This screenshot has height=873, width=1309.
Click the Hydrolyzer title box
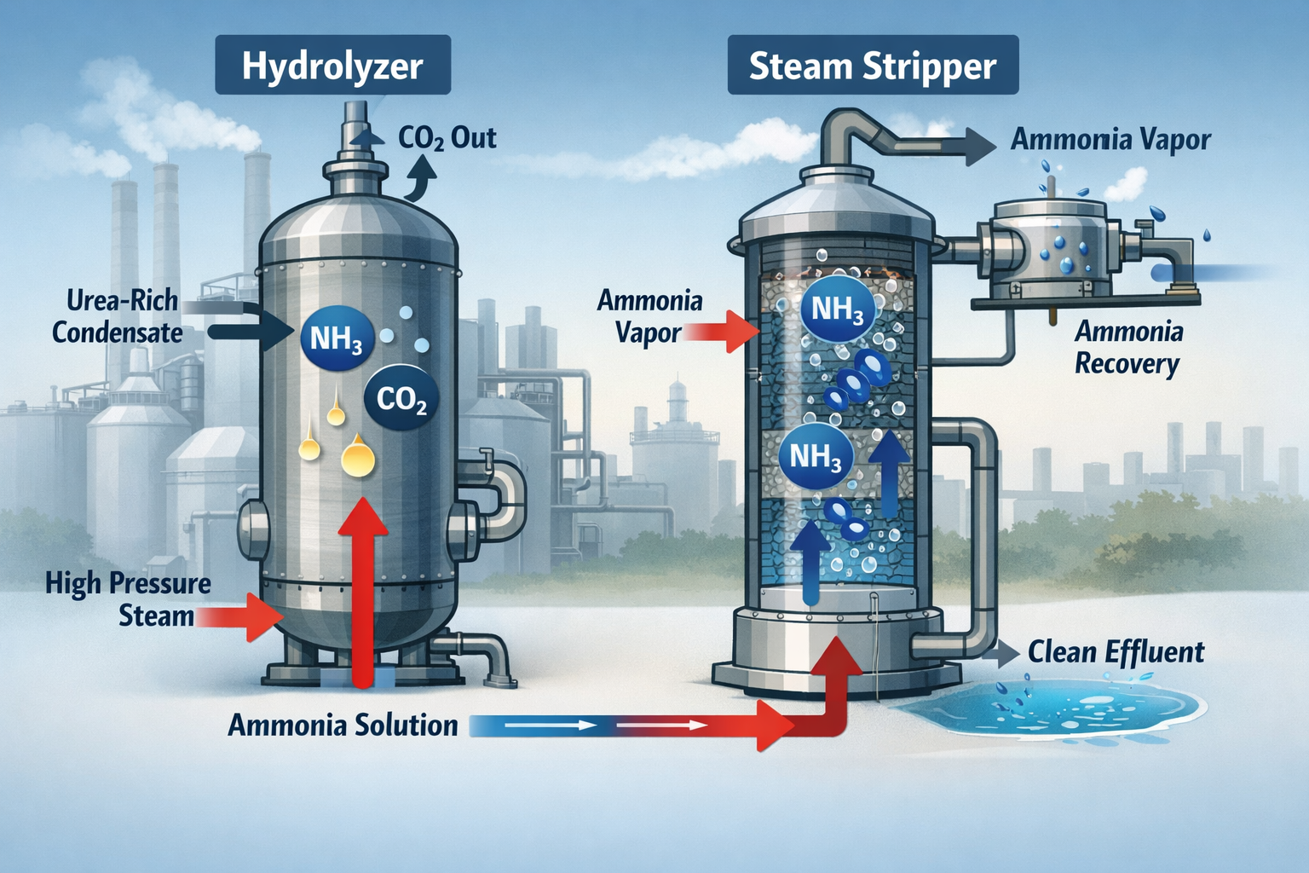pyautogui.click(x=332, y=66)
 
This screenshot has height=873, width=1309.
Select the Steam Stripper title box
pyautogui.click(x=873, y=66)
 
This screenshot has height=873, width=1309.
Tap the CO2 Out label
pyautogui.click(x=447, y=138)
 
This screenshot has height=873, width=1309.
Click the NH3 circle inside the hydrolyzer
pyautogui.click(x=337, y=339)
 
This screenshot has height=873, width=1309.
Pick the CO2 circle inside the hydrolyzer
pyautogui.click(x=401, y=399)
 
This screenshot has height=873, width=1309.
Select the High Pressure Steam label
pyautogui.click(x=128, y=599)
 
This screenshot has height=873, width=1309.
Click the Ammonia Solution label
pyautogui.click(x=343, y=726)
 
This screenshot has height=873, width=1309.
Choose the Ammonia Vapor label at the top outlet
pyautogui.click(x=1110, y=140)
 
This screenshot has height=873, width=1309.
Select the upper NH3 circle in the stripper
pyautogui.click(x=837, y=309)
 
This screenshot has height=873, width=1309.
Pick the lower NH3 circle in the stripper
pyautogui.click(x=816, y=457)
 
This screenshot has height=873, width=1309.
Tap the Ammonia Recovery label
pyautogui.click(x=1127, y=347)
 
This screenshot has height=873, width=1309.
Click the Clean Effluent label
pyautogui.click(x=1116, y=653)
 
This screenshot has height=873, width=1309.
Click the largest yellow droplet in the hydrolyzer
pyautogui.click(x=358, y=458)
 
